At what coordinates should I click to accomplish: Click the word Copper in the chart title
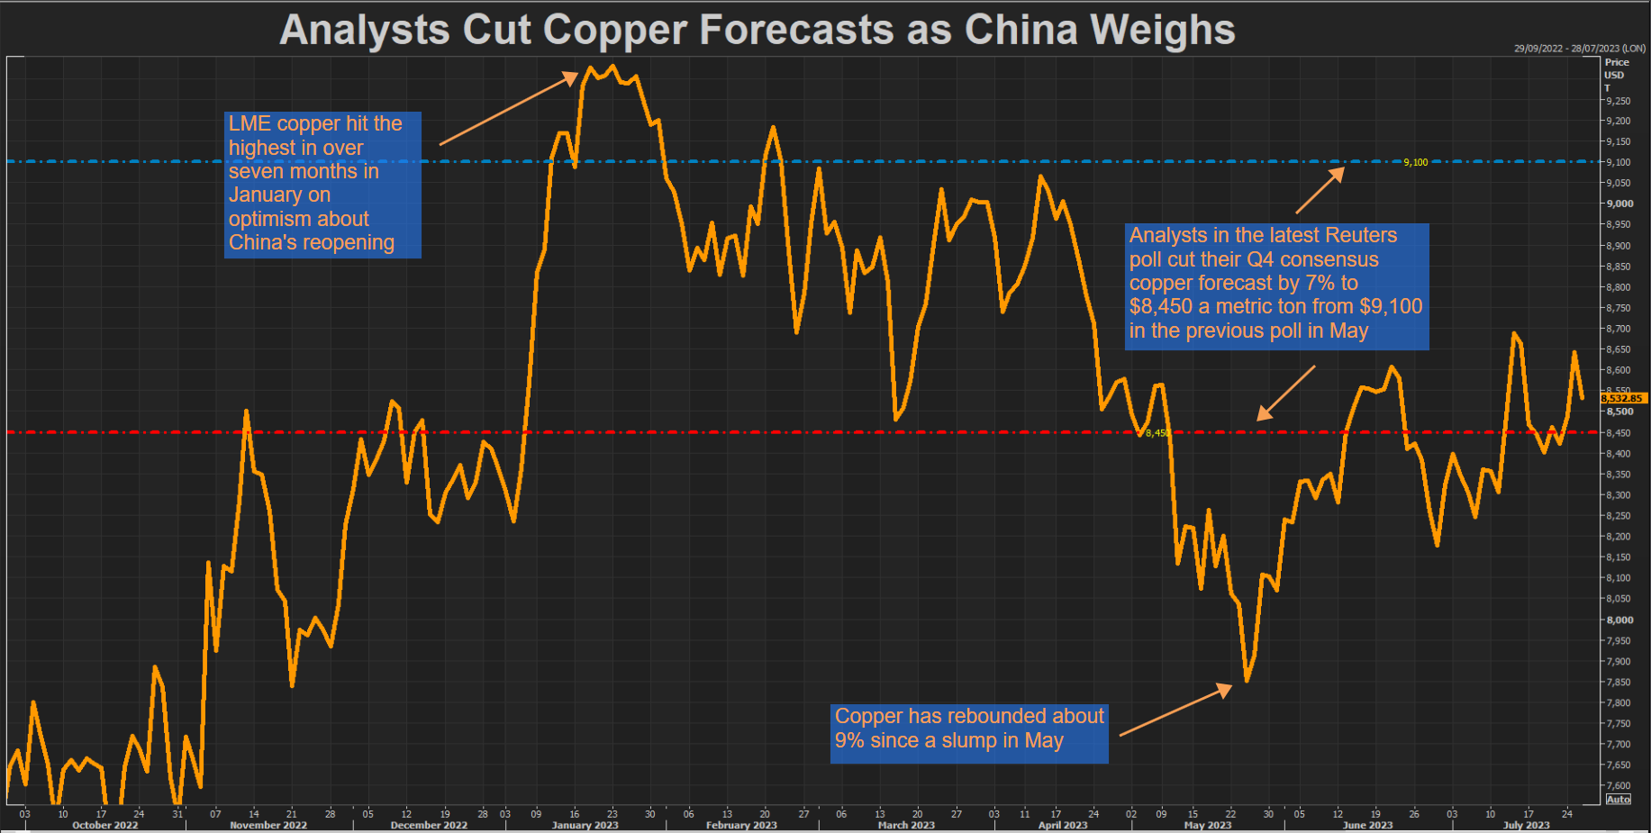tap(614, 30)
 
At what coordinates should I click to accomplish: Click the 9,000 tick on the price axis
tap(1619, 204)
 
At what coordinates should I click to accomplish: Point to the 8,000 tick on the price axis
tap(1619, 620)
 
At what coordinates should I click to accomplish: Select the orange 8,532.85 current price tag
tap(1623, 398)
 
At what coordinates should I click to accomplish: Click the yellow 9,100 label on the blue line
tap(1415, 163)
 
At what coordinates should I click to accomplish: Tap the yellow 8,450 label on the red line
tap(1157, 433)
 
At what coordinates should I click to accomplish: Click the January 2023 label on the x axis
tap(585, 825)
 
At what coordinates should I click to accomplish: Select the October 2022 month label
tap(104, 825)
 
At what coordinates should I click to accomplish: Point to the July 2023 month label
tap(1526, 825)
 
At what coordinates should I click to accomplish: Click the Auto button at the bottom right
tap(1619, 800)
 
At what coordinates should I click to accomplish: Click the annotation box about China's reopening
tap(322, 185)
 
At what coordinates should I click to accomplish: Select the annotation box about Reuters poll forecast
tap(1275, 285)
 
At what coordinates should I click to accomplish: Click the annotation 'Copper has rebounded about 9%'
tap(968, 733)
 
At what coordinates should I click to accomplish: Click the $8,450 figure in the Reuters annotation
tap(1160, 307)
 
